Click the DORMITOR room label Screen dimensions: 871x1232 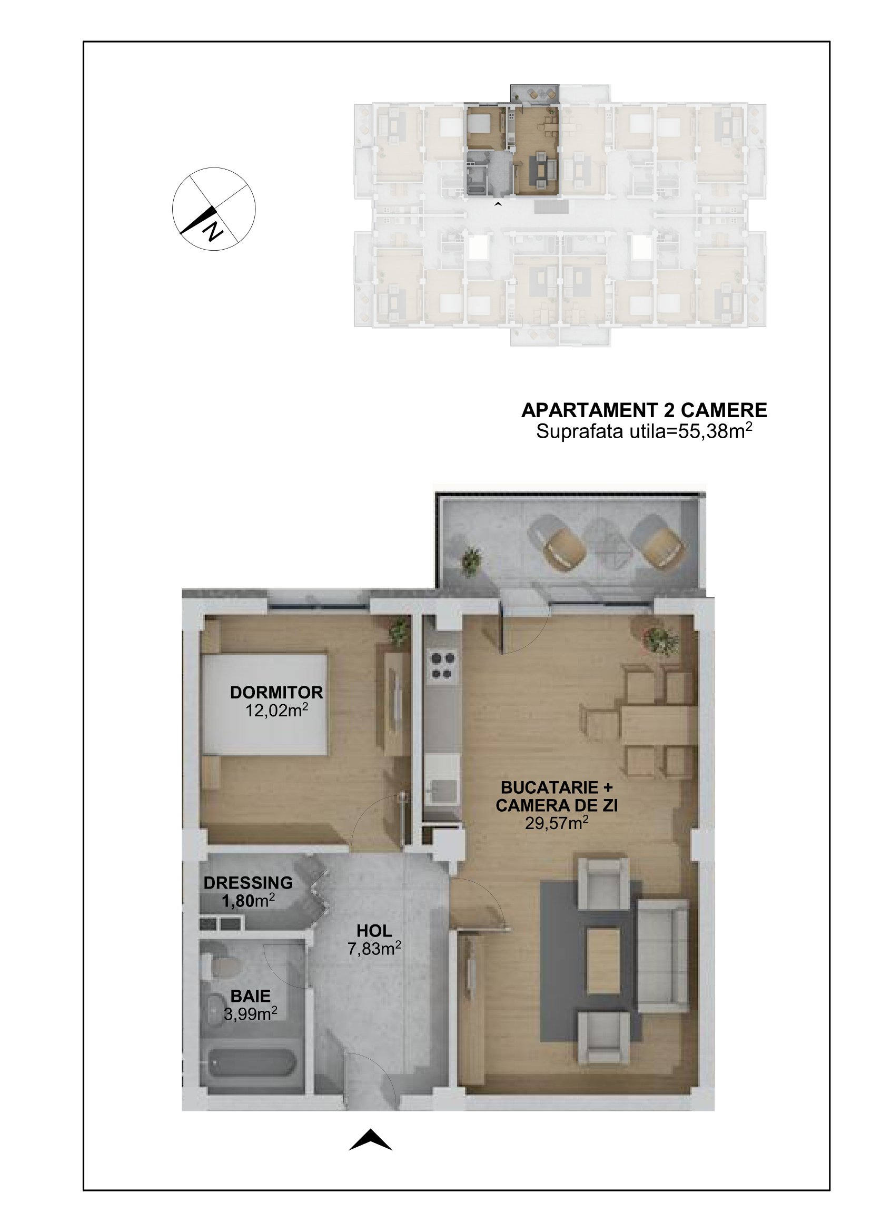(x=276, y=692)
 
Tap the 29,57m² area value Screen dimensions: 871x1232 (x=557, y=823)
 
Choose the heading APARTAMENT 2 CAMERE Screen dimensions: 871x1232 (x=644, y=410)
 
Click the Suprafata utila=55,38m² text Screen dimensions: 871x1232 (x=644, y=431)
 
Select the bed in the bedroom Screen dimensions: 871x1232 (x=264, y=704)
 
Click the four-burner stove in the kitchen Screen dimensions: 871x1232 (x=443, y=665)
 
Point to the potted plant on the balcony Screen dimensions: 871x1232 (x=470, y=561)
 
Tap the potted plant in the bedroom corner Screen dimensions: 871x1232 (x=399, y=630)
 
